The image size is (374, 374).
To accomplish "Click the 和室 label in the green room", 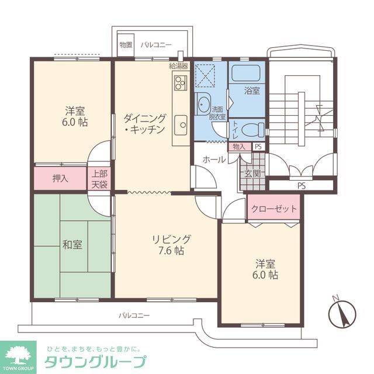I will (73, 244).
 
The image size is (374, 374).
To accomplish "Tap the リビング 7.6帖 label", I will (171, 245).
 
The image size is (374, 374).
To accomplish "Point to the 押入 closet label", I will (60, 178).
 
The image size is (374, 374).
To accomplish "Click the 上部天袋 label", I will (99, 178).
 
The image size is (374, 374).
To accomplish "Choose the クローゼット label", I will (274, 209).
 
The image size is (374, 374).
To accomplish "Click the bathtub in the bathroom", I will (247, 73).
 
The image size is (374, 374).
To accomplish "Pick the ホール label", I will (214, 159).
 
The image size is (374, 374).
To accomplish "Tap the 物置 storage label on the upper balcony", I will (126, 44).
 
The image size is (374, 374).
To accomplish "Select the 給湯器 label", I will (178, 65).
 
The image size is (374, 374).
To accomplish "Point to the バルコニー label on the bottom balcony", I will (134, 315).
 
